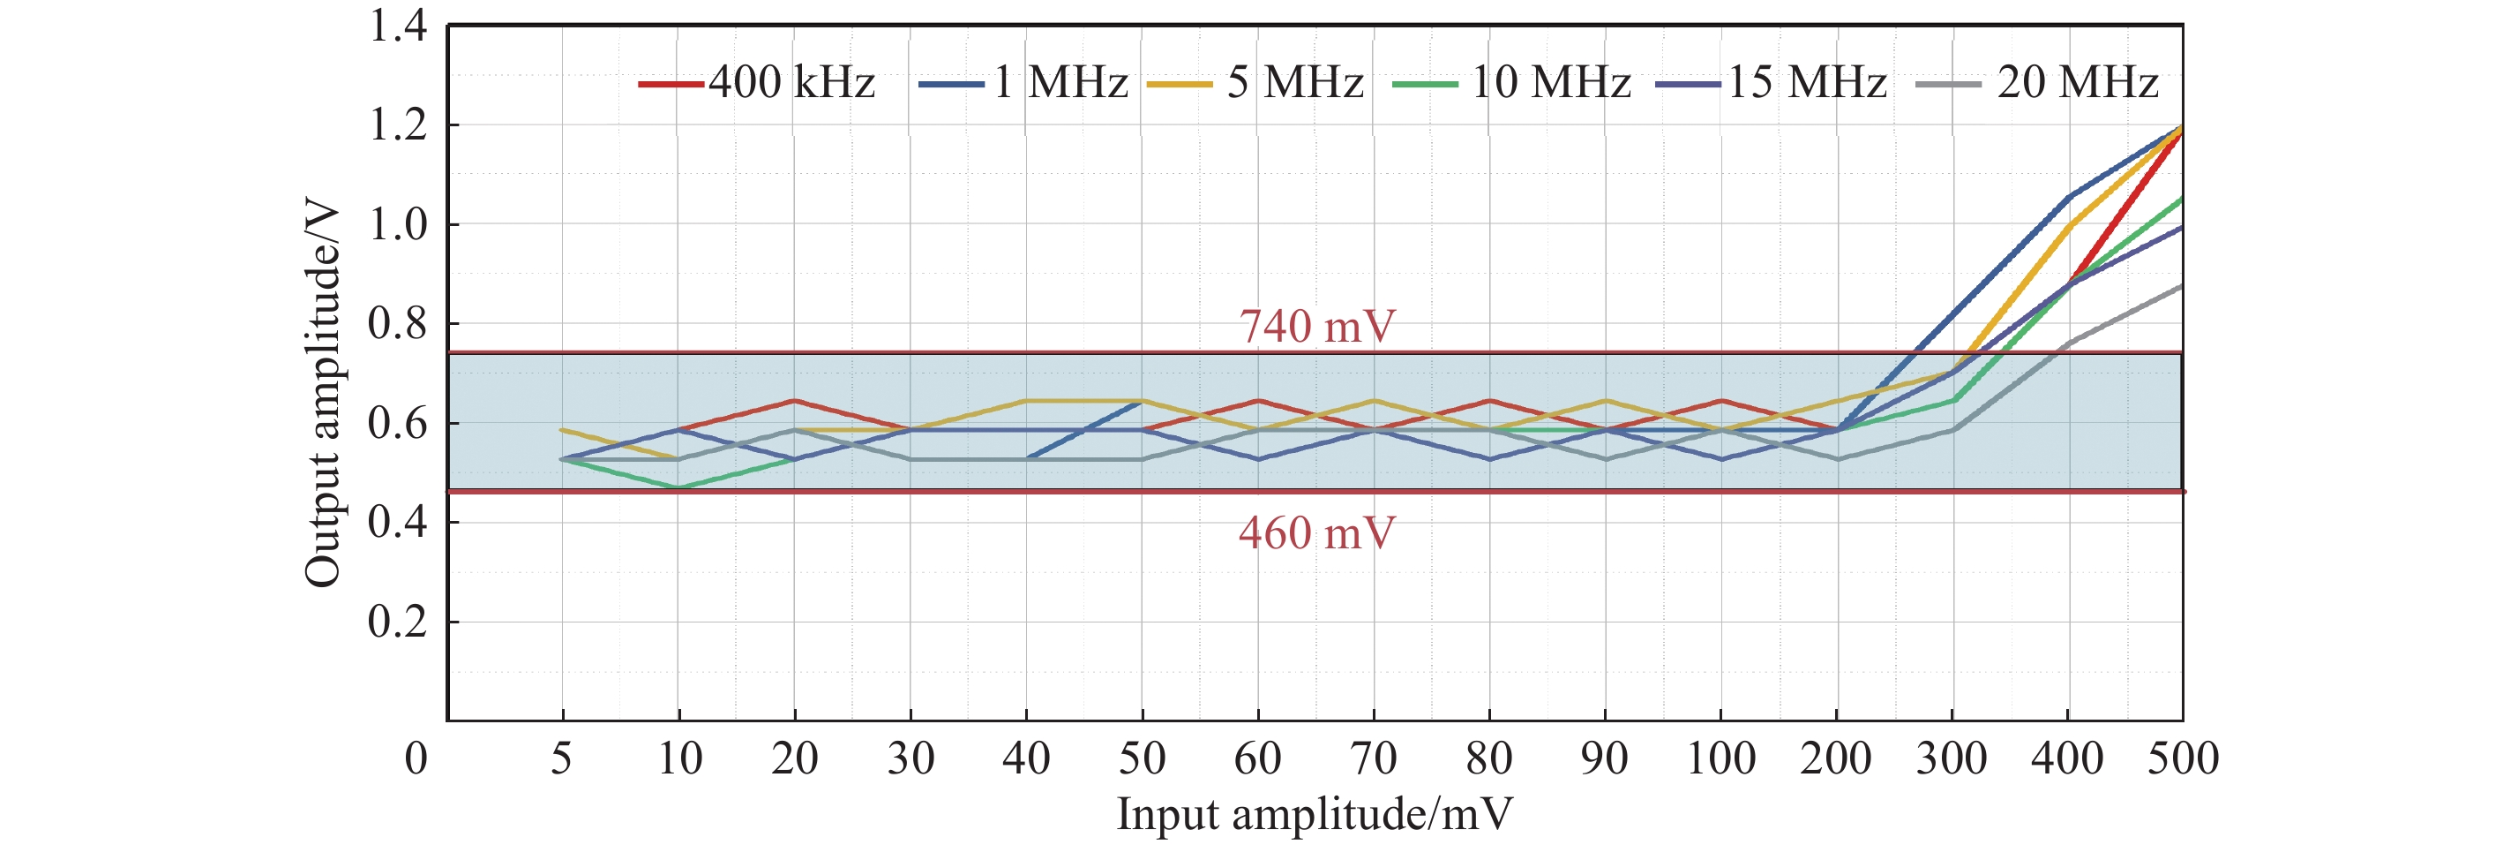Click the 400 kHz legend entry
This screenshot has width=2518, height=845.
(x=758, y=82)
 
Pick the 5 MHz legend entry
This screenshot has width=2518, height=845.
(x=1256, y=82)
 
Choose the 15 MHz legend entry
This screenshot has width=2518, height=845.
(x=1772, y=82)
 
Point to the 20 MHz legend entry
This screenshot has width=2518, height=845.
(x=2037, y=82)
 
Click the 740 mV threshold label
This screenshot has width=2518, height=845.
(x=1316, y=327)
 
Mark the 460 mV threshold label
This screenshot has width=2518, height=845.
(x=1316, y=534)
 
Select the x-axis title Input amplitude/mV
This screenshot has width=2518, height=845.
(x=1315, y=814)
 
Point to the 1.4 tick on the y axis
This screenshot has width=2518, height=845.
(x=398, y=26)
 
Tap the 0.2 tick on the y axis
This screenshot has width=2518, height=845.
(x=398, y=622)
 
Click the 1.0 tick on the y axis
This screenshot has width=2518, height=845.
(x=398, y=225)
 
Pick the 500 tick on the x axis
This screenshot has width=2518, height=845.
(x=2183, y=759)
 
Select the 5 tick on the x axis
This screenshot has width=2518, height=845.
(x=561, y=759)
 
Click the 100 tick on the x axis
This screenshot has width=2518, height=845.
(x=1720, y=759)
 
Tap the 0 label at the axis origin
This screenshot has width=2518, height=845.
(x=416, y=759)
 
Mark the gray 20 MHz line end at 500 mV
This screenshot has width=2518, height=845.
(x=2182, y=285)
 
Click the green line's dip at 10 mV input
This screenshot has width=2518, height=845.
(x=678, y=487)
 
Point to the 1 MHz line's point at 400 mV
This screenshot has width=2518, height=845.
(x=2068, y=196)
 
